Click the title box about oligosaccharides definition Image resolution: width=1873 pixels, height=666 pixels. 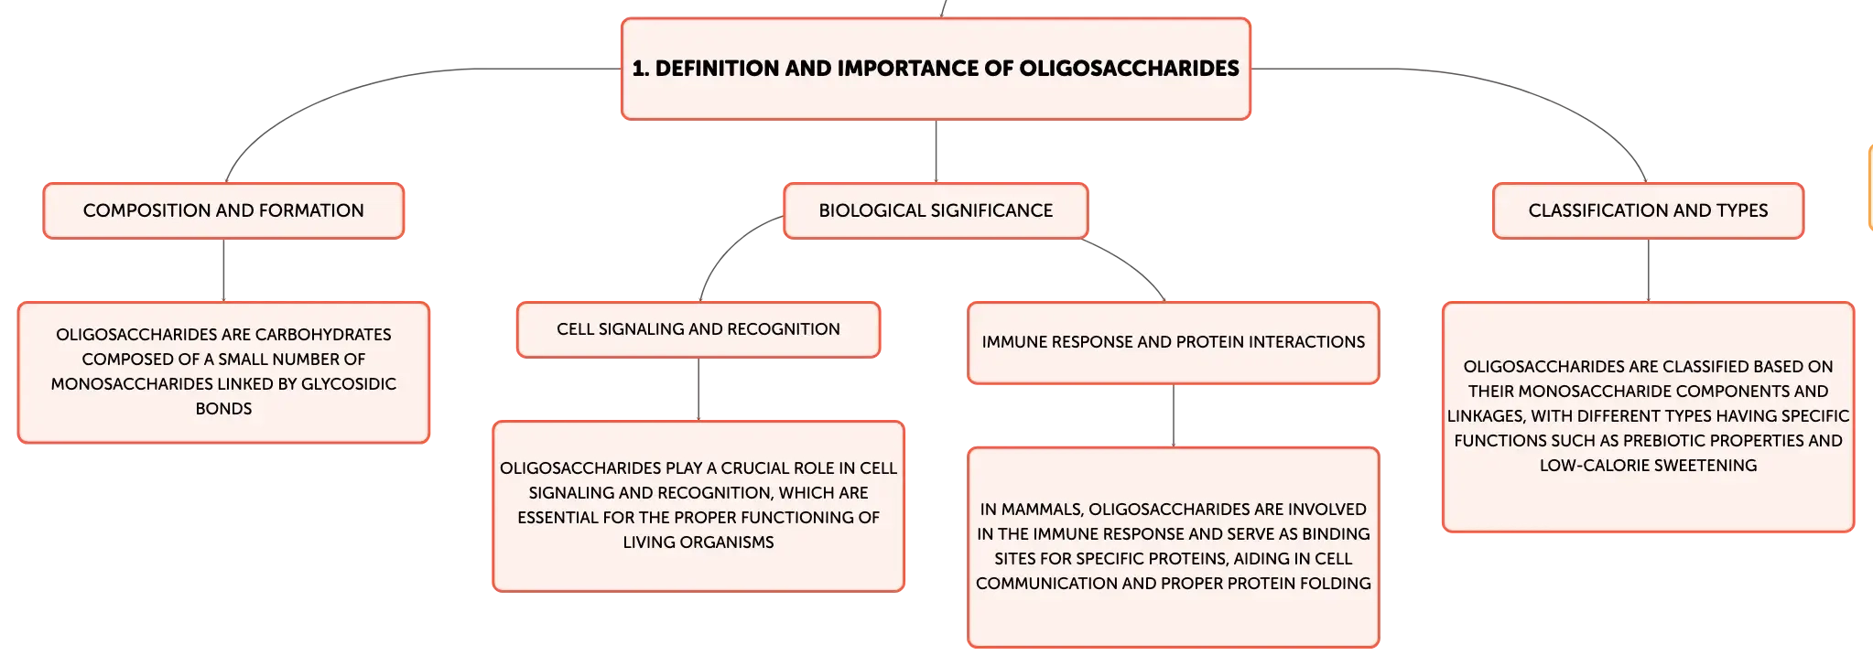point(936,69)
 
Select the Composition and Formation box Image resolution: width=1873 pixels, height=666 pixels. point(223,210)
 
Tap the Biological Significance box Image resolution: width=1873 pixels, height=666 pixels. point(936,210)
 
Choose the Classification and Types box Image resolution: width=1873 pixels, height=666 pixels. point(1648,210)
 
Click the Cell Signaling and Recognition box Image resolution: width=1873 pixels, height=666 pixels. point(698,329)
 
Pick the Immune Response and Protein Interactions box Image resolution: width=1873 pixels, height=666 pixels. point(1174,342)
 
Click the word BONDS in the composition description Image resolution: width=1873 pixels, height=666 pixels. point(223,409)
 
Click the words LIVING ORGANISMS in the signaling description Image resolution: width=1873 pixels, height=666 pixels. point(698,542)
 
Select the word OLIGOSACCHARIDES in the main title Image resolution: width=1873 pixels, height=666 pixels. point(1129,69)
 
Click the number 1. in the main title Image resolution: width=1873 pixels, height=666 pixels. point(641,69)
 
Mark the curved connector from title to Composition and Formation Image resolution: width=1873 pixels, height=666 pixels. point(366,91)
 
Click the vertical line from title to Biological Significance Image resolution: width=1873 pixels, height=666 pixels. point(936,151)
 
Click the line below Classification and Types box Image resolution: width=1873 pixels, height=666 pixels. point(1648,271)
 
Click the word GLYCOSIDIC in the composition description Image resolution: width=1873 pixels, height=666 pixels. point(349,384)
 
